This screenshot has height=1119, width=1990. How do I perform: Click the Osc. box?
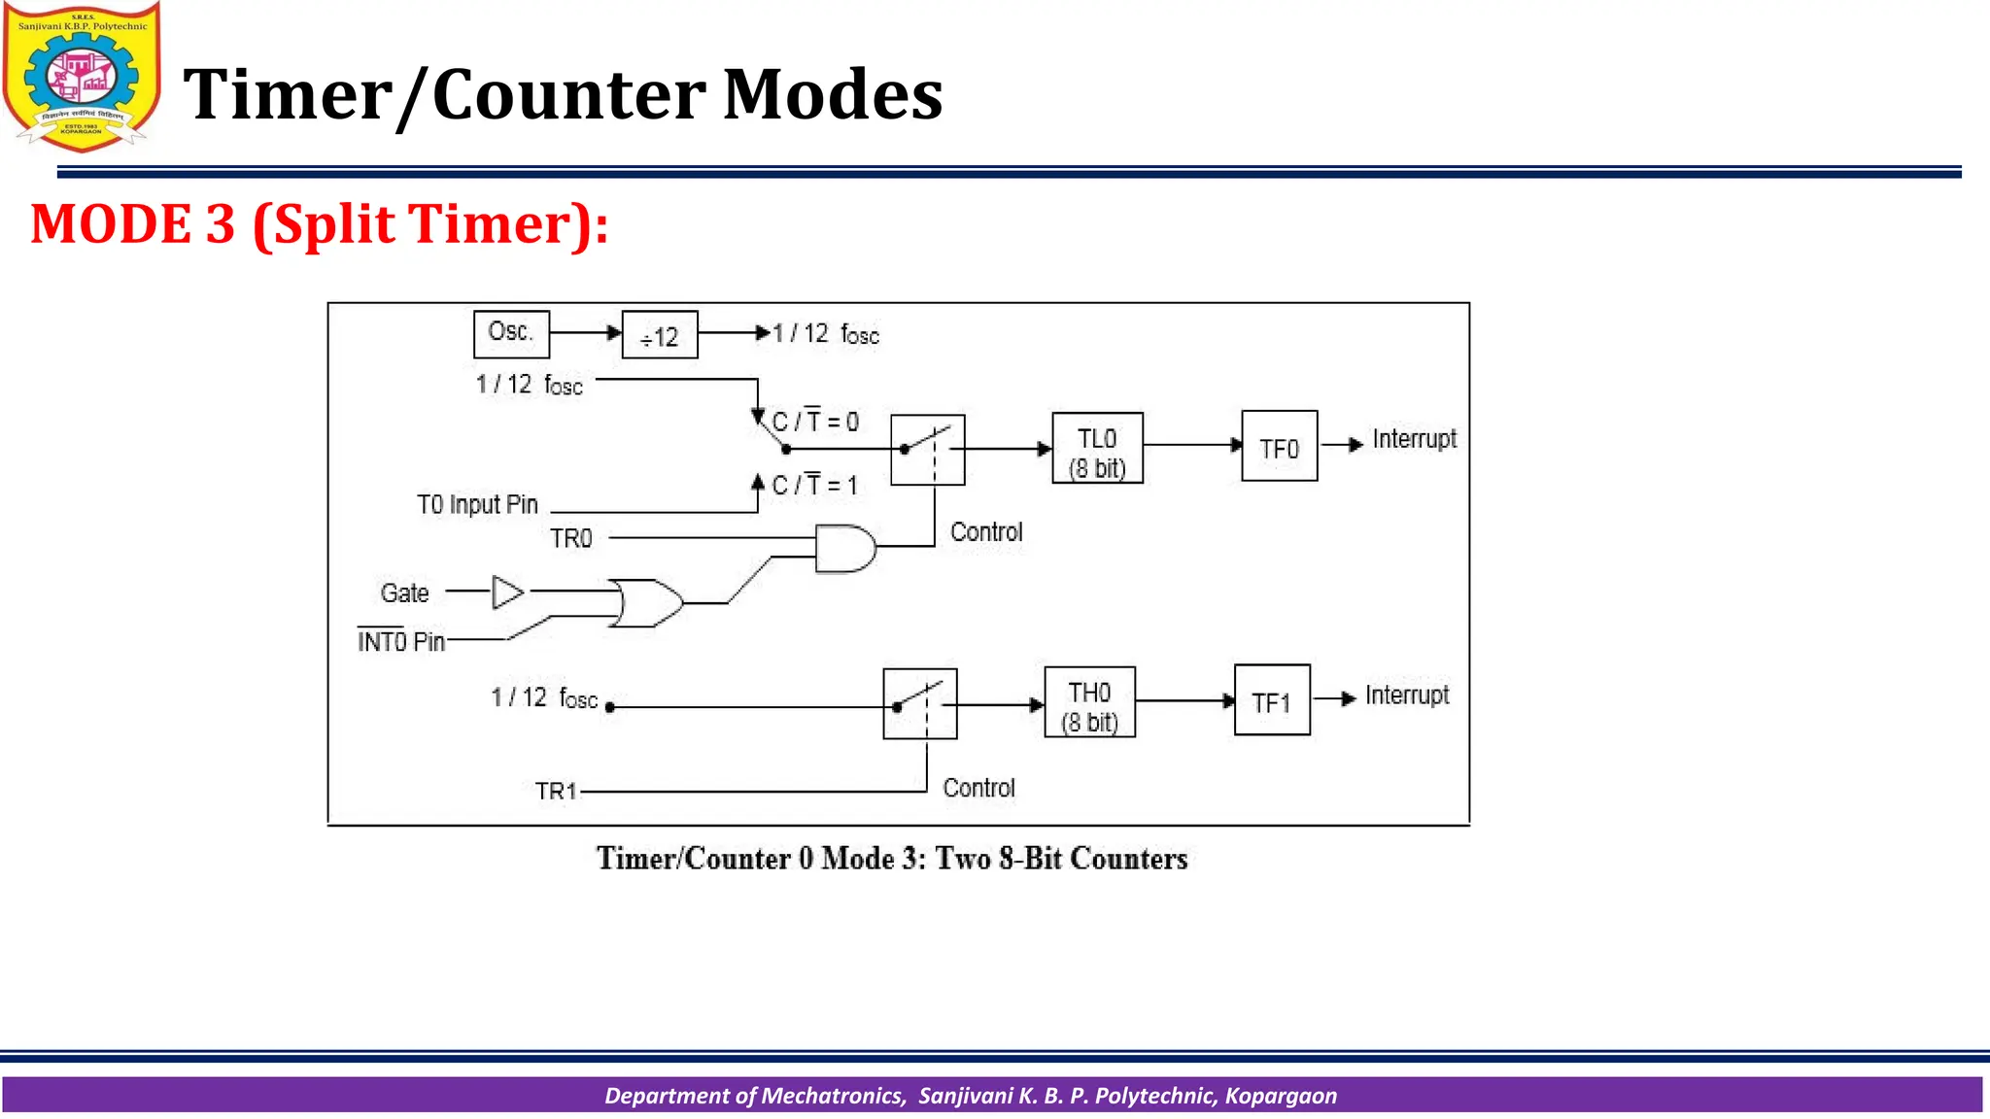click(511, 334)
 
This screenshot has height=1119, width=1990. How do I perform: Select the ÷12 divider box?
click(660, 335)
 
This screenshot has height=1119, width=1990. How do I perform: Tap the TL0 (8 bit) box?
click(1097, 448)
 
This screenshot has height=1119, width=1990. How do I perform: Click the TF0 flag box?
click(1279, 446)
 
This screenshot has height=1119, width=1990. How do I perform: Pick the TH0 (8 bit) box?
click(1089, 702)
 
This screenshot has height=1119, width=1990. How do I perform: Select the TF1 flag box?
click(1271, 699)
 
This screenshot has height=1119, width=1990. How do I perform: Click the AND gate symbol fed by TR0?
click(843, 549)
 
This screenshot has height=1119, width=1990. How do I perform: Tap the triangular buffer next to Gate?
click(507, 592)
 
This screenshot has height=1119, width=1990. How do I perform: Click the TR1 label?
click(556, 792)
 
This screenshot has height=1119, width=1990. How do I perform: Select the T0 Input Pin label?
click(477, 505)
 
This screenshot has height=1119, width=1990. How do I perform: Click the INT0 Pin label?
click(400, 642)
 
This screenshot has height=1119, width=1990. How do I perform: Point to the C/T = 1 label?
click(814, 485)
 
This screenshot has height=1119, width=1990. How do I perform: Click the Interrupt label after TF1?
click(1406, 695)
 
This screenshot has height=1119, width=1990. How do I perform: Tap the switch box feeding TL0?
click(927, 450)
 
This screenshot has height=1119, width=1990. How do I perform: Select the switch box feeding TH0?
click(919, 703)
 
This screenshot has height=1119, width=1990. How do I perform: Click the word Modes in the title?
click(832, 95)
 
